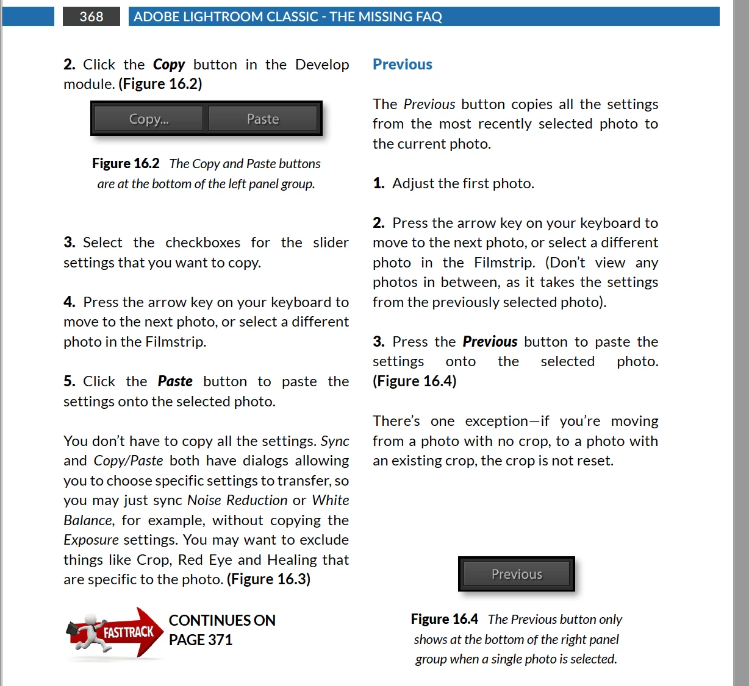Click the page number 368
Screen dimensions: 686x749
[x=91, y=16]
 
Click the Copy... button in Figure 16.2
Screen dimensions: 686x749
[x=149, y=119]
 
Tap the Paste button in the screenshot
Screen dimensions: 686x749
[x=263, y=119]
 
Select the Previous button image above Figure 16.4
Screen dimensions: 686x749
[x=517, y=574]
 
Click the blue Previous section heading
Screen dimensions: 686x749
[x=403, y=65]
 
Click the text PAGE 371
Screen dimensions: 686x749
[x=201, y=640]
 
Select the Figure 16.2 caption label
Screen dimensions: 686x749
[x=126, y=163]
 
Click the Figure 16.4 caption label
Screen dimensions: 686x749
[x=444, y=620]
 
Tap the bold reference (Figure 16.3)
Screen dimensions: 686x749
[x=268, y=579]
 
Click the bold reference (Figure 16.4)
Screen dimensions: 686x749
[x=415, y=381]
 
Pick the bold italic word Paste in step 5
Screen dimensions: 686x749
[x=175, y=381]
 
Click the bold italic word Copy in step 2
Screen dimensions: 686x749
[x=169, y=65]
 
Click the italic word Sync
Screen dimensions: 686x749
[x=335, y=441]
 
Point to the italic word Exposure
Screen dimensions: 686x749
[x=91, y=540]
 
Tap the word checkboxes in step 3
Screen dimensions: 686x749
[x=203, y=242]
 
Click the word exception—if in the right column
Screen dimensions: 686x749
[x=507, y=421]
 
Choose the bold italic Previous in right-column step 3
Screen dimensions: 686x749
[x=490, y=342]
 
